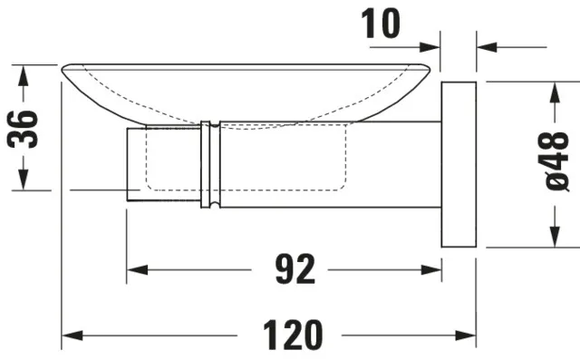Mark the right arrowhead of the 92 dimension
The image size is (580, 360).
pos(432,269)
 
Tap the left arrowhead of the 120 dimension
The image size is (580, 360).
pos(70,336)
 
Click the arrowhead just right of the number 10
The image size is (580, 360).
pos(431,44)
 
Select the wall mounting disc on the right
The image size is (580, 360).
pos(459,165)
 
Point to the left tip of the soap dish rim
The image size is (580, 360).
pos(64,69)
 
